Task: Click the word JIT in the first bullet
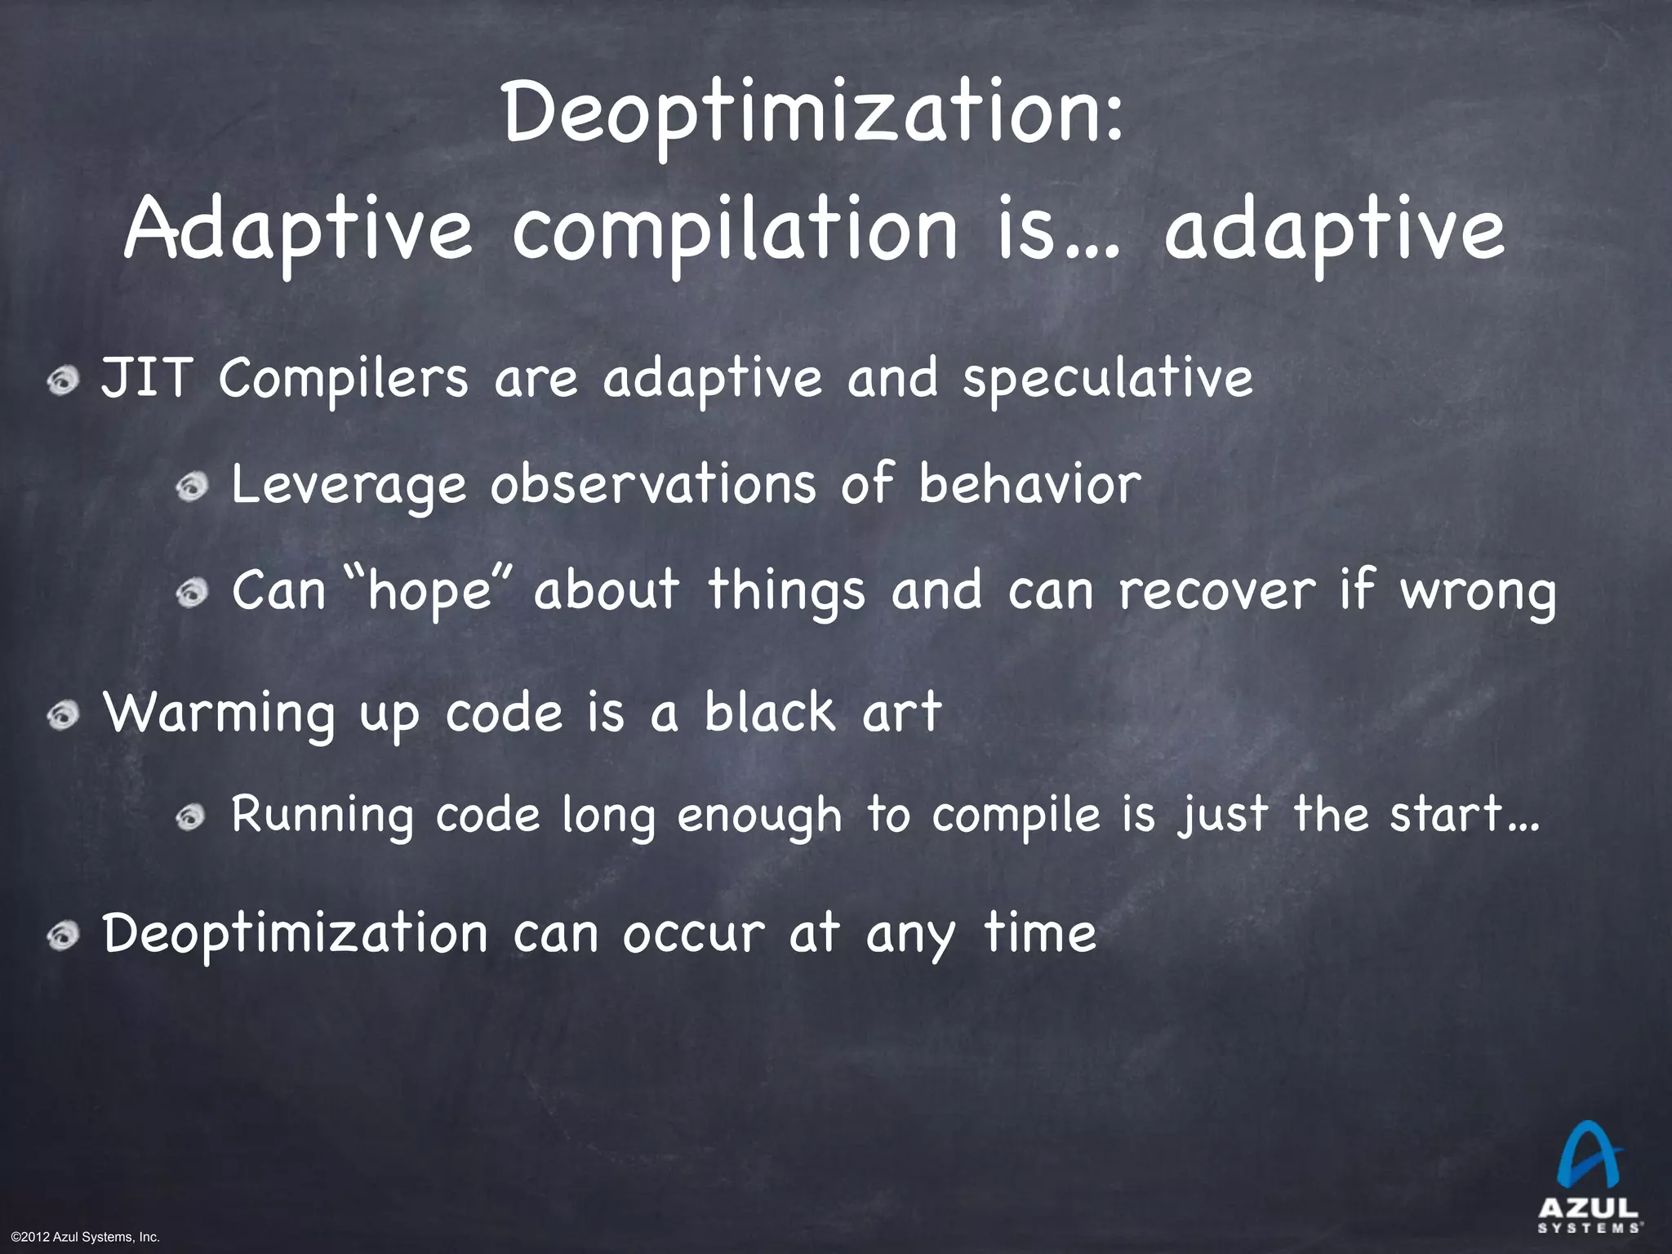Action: [145, 380]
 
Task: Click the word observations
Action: [653, 483]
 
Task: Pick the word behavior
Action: [1029, 483]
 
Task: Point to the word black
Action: [769, 712]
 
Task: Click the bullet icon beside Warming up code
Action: [63, 716]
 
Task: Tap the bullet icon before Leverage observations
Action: [193, 487]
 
